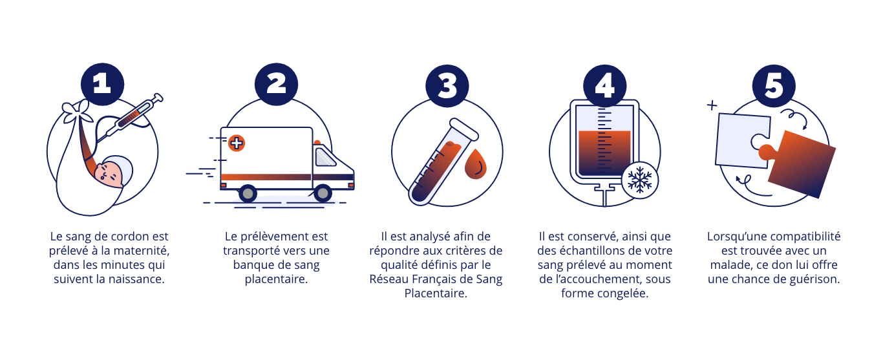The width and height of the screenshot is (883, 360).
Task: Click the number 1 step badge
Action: coord(103,84)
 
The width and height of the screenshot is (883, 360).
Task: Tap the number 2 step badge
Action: coord(276,84)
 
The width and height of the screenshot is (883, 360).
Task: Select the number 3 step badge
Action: coord(447,86)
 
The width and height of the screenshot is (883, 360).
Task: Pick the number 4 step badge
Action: coord(604,86)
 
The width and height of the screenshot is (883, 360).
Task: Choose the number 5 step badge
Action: coord(774,86)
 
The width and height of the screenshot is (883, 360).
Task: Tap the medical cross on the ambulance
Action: coord(237,143)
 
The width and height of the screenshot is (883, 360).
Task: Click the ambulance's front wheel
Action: coord(323,193)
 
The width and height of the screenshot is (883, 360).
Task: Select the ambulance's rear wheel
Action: coord(248,193)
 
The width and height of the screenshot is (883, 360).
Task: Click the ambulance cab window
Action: coord(324,157)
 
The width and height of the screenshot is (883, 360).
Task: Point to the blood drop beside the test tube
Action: coord(475,164)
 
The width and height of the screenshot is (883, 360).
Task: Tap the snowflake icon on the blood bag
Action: coord(640,180)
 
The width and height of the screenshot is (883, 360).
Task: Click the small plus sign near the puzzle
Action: coord(712,105)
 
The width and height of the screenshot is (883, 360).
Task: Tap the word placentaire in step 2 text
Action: coord(276,279)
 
